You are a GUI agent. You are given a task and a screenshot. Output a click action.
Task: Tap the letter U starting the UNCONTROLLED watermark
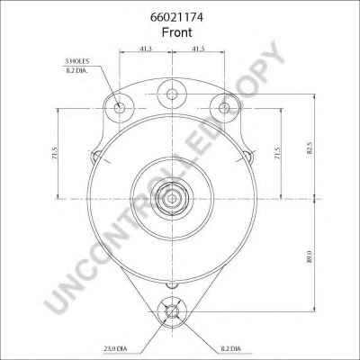[56, 310]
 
